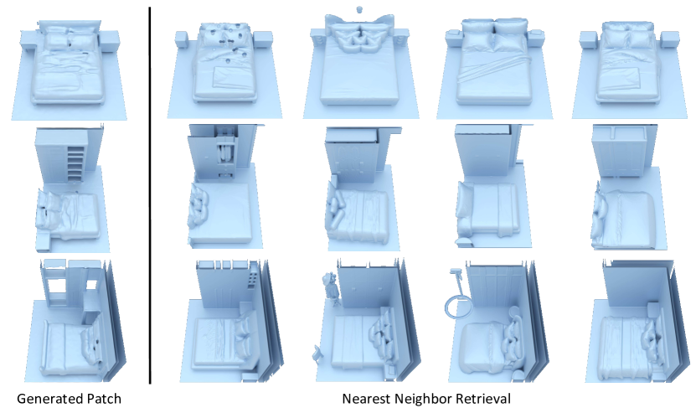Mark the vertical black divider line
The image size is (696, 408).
[x=150, y=195]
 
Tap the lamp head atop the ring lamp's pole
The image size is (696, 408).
[x=455, y=271]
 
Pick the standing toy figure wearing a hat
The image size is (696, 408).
[x=330, y=288]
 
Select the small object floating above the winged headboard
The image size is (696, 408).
[x=359, y=9]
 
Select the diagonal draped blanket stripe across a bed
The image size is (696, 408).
[x=492, y=68]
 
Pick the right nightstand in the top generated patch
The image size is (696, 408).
[x=110, y=40]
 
